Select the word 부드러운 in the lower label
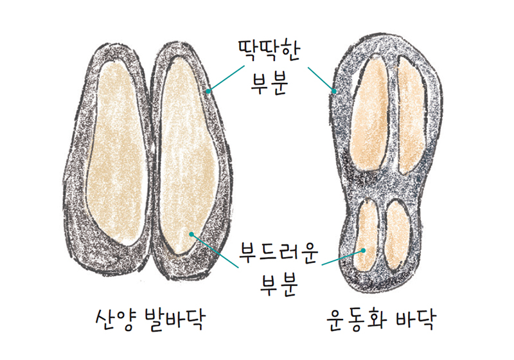pyautogui.click(x=278, y=253)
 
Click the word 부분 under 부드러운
pyautogui.click(x=278, y=285)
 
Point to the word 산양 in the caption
pyautogui.click(x=114, y=319)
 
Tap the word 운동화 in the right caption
pyautogui.click(x=356, y=319)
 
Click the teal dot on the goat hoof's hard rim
pyautogui.click(x=208, y=91)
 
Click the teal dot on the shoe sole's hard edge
pyautogui.click(x=334, y=91)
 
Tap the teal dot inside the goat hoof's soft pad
pyautogui.click(x=191, y=234)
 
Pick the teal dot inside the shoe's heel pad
pyautogui.click(x=363, y=251)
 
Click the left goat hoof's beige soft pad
pyautogui.click(x=116, y=154)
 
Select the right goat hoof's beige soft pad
pyautogui.click(x=187, y=154)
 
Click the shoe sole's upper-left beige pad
pyautogui.click(x=370, y=115)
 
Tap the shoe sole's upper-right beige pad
pyautogui.click(x=412, y=115)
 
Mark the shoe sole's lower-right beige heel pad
pyautogui.click(x=397, y=235)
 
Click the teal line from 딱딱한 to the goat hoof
pyautogui.click(x=226, y=78)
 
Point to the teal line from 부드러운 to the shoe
pyautogui.click(x=342, y=257)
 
